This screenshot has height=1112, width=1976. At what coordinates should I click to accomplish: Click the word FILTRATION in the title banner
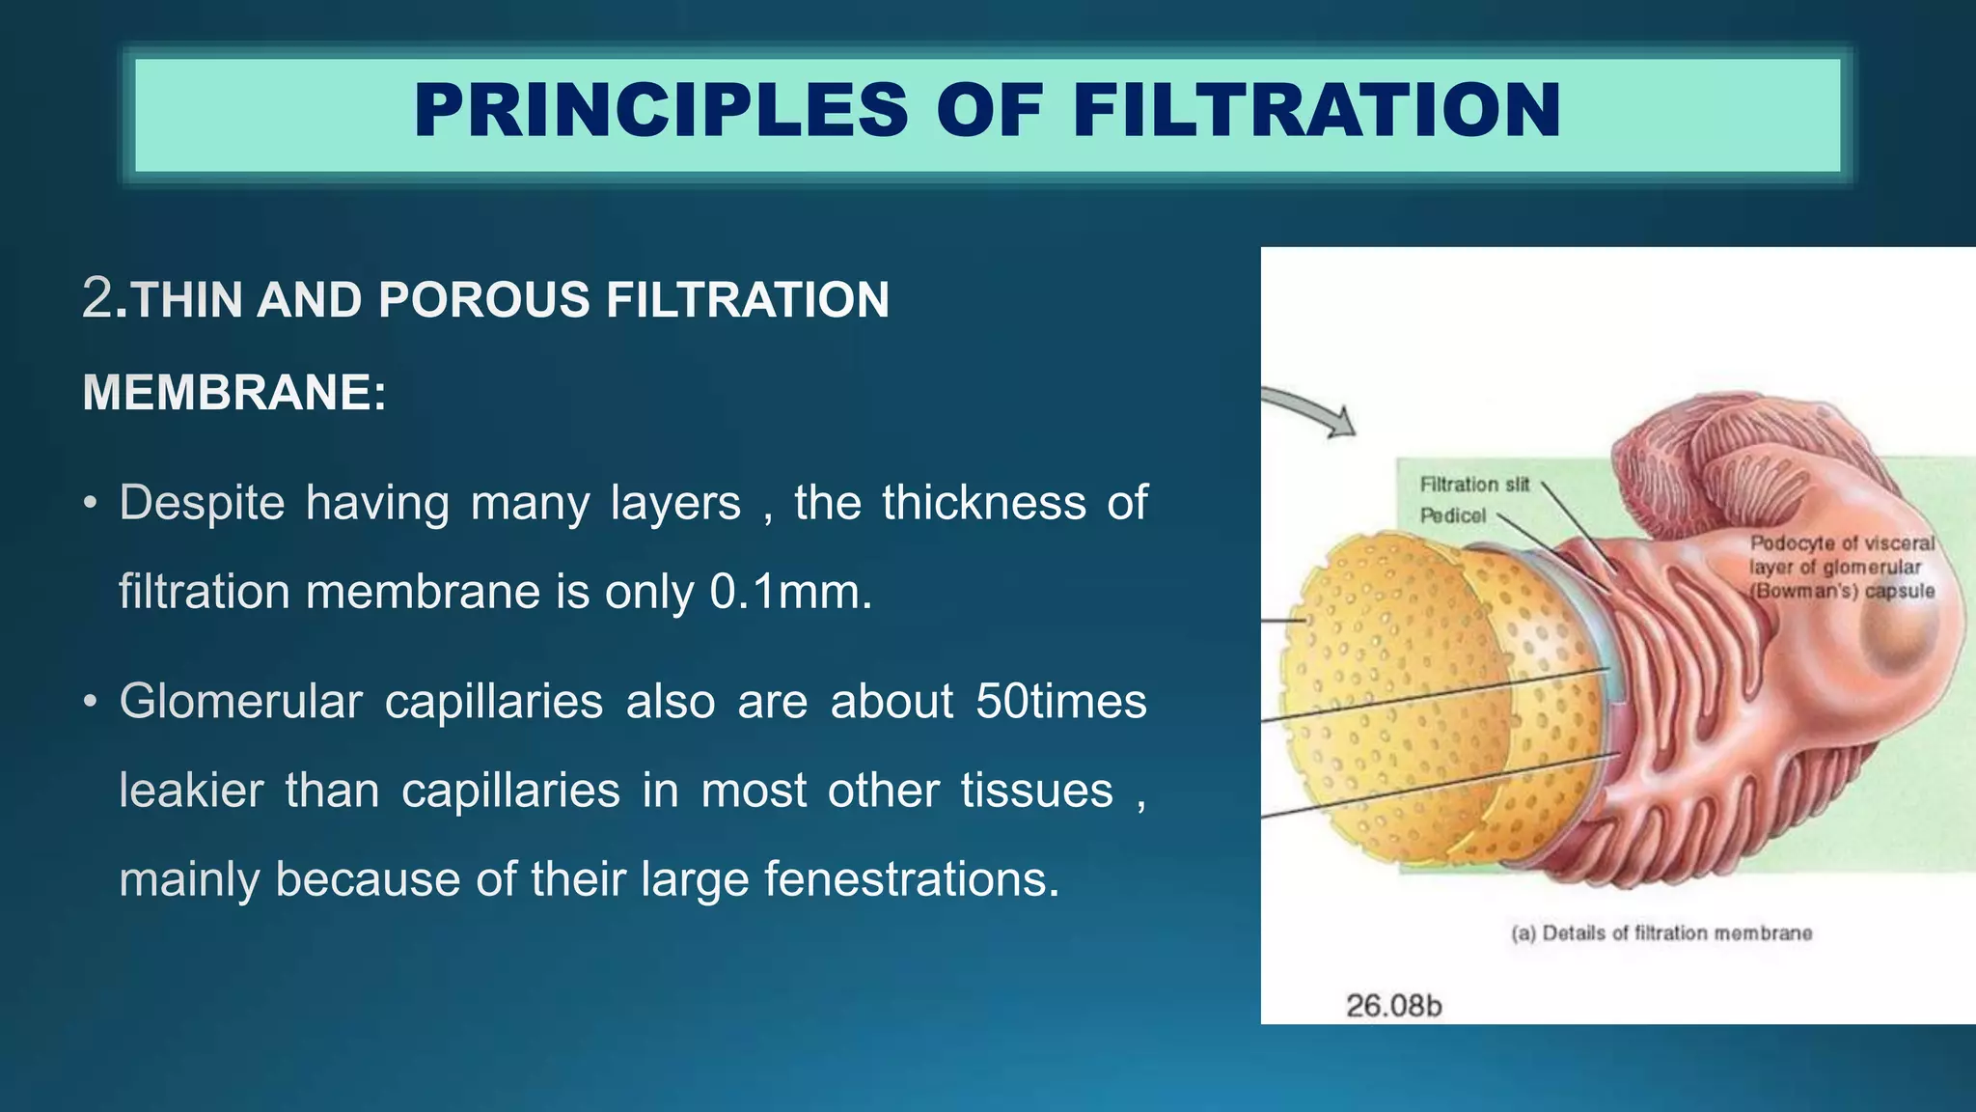[x=1316, y=111]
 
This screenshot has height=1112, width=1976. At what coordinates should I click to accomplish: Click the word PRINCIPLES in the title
[x=661, y=111]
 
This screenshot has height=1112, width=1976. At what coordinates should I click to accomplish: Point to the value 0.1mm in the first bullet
[x=789, y=592]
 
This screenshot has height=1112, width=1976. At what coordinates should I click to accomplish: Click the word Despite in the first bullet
[x=202, y=504]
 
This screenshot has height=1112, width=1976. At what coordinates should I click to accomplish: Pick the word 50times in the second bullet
[x=1060, y=702]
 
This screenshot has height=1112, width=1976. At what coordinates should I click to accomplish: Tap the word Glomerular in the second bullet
[x=241, y=702]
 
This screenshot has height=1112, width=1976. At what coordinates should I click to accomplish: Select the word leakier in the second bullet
[x=191, y=792]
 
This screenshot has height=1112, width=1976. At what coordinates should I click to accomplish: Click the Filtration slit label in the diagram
[x=1474, y=485]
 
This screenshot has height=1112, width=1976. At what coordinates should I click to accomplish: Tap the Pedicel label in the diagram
[x=1452, y=516]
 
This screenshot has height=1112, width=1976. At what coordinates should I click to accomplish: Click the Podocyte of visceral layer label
[x=1841, y=568]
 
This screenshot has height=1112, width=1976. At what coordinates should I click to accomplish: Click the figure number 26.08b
[x=1392, y=1007]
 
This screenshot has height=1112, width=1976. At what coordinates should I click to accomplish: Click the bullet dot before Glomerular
[x=90, y=703]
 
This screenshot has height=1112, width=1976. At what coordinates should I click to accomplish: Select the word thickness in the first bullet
[x=983, y=504]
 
